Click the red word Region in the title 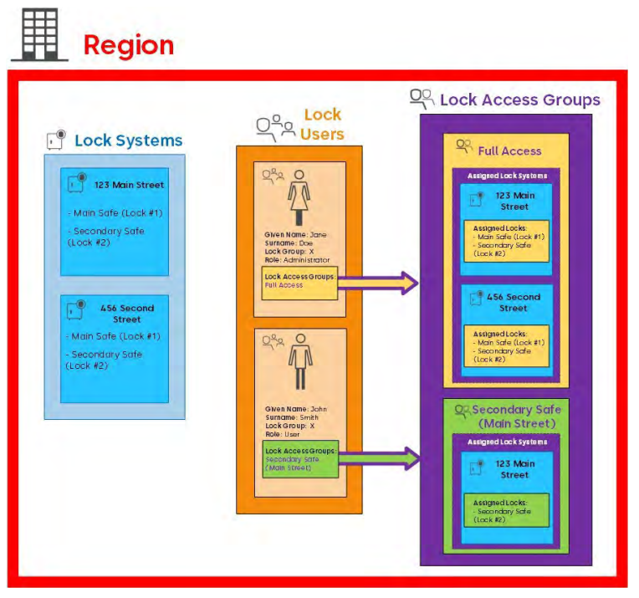[x=129, y=44]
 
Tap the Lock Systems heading [x=128, y=141]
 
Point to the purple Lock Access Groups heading [x=519, y=100]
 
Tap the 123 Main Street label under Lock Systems [x=129, y=184]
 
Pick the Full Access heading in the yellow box [x=509, y=151]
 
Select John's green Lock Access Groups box [x=299, y=458]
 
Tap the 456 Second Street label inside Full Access [x=513, y=303]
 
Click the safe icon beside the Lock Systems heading [x=56, y=141]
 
